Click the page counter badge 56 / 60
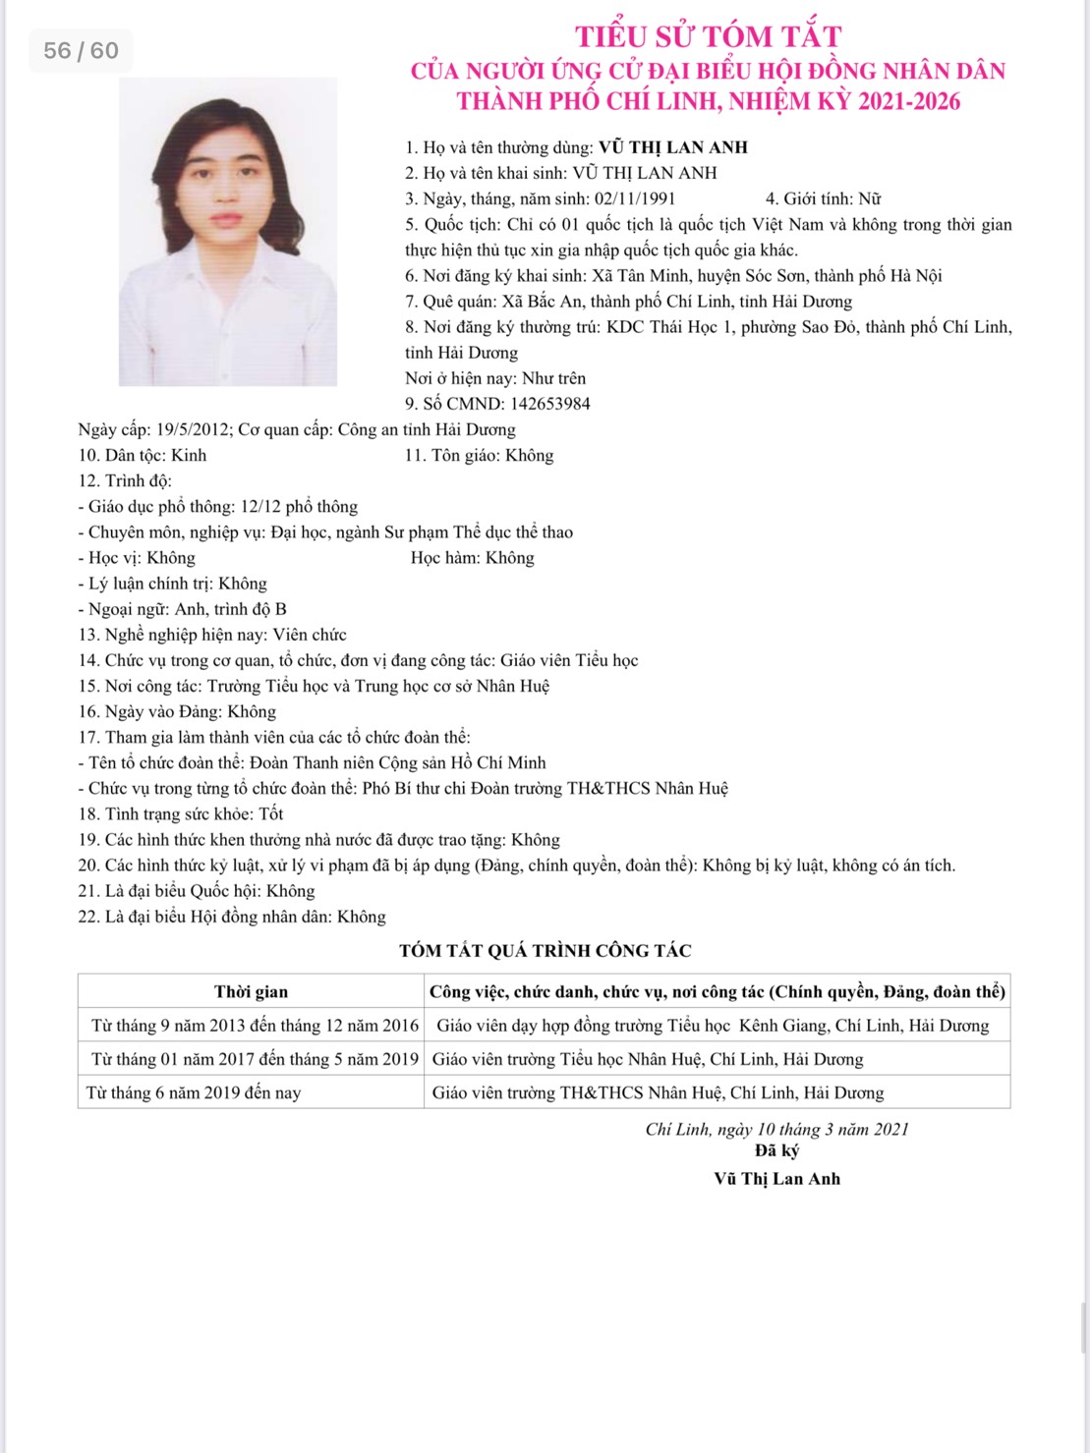pos(81,50)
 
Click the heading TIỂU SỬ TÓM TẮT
pos(708,37)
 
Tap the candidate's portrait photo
pos(228,232)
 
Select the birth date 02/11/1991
pos(635,198)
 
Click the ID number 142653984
pos(549,404)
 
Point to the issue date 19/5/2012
pos(194,429)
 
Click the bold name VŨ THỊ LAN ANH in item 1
pos(673,147)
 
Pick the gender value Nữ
pos(869,198)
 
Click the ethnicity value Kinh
pos(189,455)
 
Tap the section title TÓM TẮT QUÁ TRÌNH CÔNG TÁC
pos(545,951)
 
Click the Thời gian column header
pos(251,991)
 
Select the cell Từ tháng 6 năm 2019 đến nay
pos(194,1092)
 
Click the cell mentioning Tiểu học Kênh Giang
pos(713,1026)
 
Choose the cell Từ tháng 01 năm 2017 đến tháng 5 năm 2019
pos(255,1059)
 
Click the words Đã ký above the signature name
pos(776,1150)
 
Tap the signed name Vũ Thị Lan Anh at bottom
pos(776,1179)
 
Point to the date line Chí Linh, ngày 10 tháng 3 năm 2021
pos(776,1129)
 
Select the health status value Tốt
pos(271,813)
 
